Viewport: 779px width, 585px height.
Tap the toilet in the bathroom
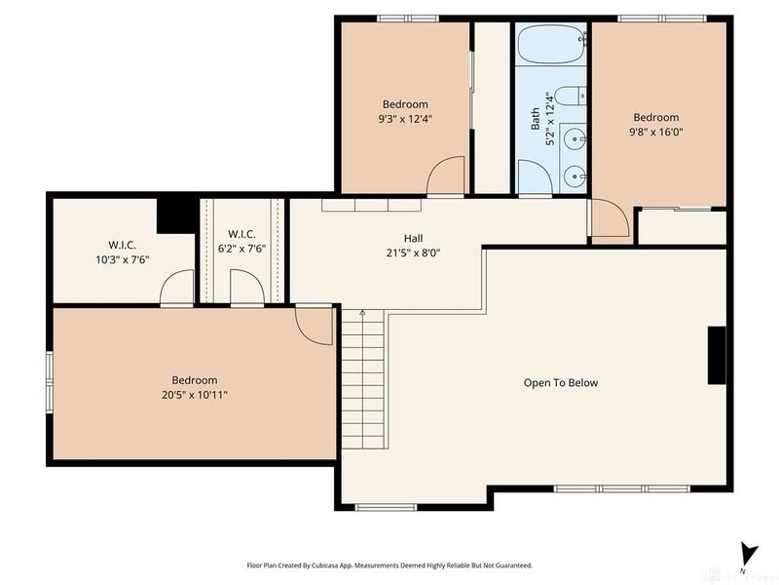coord(575,96)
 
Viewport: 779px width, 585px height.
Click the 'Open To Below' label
coord(561,383)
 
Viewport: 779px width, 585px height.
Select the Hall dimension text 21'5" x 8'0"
coord(414,253)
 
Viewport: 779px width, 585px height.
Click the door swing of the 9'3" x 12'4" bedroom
coord(446,176)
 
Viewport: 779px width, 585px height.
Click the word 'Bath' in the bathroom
coord(535,120)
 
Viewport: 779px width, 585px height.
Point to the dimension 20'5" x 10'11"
coord(195,395)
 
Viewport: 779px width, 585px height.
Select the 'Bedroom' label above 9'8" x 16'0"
coord(655,118)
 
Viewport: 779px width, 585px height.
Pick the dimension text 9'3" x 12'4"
coord(405,119)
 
